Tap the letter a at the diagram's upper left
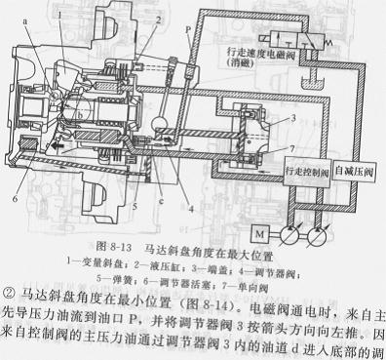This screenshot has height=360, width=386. pyautogui.click(x=12, y=18)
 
